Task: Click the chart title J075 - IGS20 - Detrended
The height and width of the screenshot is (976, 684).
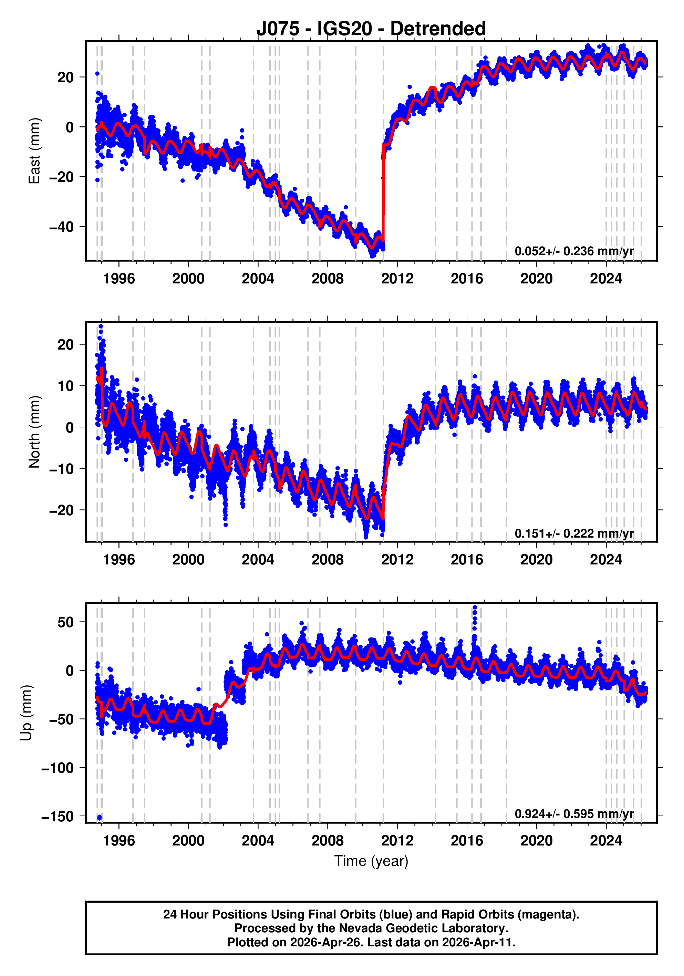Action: coord(371,29)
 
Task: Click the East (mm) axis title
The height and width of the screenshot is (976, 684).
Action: coord(34,151)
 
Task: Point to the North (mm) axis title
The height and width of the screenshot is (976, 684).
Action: coord(34,432)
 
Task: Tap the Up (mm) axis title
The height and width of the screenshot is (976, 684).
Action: coord(27,713)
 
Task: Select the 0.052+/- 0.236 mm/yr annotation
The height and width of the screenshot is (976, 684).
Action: coord(574,251)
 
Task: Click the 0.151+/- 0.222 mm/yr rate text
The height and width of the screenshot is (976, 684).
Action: coord(574,533)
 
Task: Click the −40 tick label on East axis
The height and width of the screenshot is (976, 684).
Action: coord(61,227)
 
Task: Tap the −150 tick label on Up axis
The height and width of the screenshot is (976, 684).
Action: coord(58,817)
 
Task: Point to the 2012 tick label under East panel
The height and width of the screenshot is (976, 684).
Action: coord(397,279)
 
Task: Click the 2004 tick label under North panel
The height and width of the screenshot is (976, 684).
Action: coord(258,560)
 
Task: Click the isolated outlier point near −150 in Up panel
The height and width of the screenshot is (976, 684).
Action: coord(100,817)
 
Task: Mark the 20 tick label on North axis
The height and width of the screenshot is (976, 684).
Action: coord(65,345)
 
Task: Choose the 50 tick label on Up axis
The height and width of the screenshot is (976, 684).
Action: coord(65,622)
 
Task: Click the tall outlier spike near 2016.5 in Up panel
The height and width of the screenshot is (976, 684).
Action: coord(475,612)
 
